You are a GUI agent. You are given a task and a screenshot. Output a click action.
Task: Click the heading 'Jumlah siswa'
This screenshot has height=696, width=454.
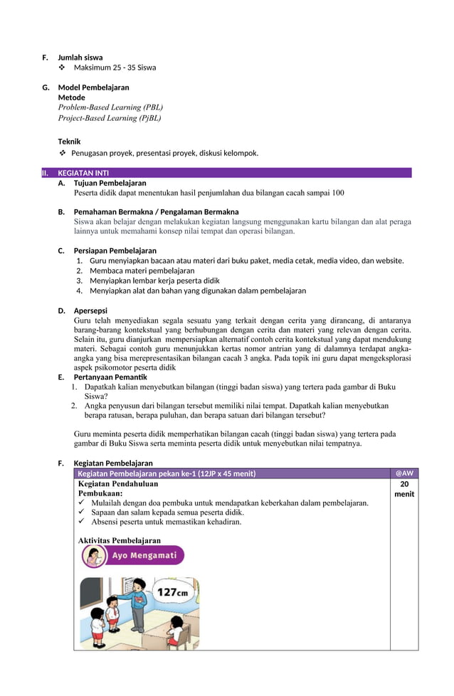(80, 58)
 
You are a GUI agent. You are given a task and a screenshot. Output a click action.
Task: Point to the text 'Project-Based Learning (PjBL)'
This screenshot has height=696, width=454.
(110, 118)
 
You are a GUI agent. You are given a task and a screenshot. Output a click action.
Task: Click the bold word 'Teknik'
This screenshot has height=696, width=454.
(69, 141)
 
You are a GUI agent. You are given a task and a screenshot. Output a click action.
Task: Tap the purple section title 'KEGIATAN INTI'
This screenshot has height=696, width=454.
(83, 173)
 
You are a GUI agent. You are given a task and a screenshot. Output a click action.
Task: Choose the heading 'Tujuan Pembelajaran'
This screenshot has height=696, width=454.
(110, 183)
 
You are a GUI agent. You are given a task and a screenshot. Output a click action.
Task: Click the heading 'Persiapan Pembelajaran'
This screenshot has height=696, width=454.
(115, 250)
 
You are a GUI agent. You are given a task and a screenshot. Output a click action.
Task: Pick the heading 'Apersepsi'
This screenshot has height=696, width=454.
(90, 310)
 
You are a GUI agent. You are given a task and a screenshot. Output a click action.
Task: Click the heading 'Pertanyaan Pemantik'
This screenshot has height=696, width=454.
(110, 377)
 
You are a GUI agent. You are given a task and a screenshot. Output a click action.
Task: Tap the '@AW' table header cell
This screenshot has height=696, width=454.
(403, 473)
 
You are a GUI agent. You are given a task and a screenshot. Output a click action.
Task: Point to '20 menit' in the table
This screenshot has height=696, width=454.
(404, 488)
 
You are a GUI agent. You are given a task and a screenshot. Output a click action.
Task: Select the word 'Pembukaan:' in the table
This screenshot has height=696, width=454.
(100, 493)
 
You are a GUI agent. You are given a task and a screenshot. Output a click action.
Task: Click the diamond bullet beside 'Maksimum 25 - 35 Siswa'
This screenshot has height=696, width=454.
(62, 68)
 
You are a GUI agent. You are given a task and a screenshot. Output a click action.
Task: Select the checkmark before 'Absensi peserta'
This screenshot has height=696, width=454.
(83, 522)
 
